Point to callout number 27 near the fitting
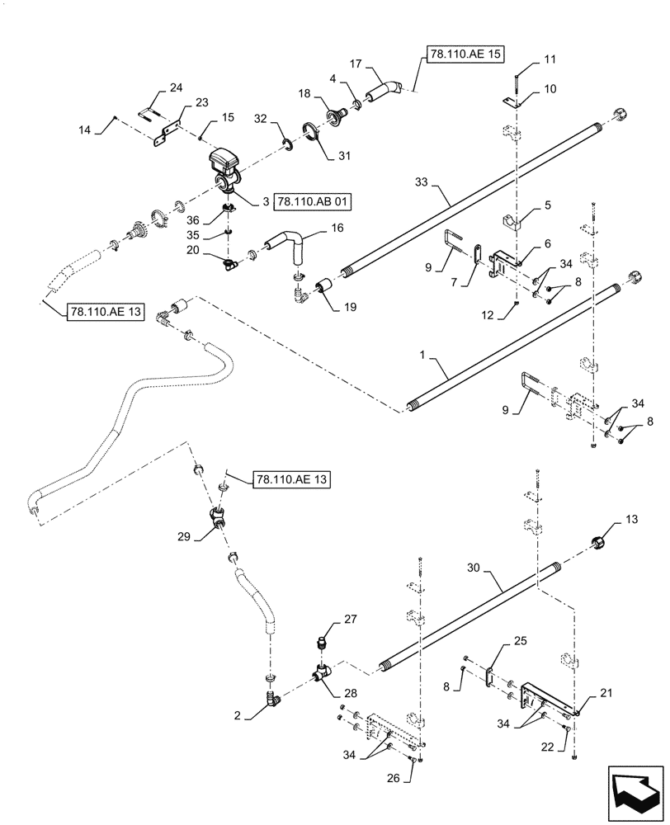coord(350,618)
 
